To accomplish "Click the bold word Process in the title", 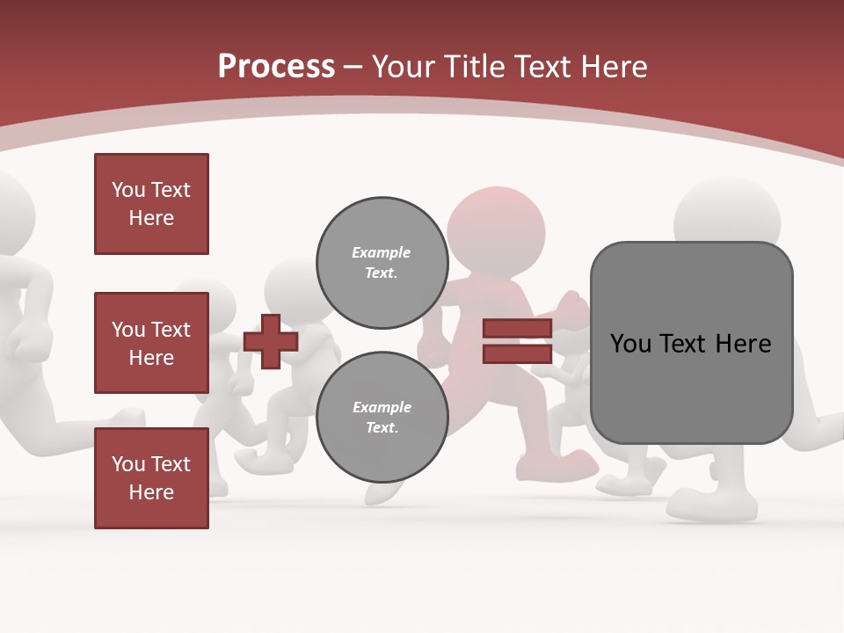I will pos(276,67).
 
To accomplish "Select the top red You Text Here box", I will pos(151,204).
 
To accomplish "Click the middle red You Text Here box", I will pos(151,343).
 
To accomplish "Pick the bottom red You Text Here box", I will pos(151,477).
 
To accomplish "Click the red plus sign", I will pos(270,341).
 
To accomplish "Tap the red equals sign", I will pos(517,341).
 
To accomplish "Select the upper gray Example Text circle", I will pos(382,263).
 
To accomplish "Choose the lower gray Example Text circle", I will pos(382,418).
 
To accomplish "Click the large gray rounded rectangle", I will pos(691,343).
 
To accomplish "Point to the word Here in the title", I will pos(613,67).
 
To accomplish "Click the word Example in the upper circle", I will pos(382,252).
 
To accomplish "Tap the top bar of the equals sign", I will pos(517,329).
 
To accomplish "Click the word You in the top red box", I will pos(127,190).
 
